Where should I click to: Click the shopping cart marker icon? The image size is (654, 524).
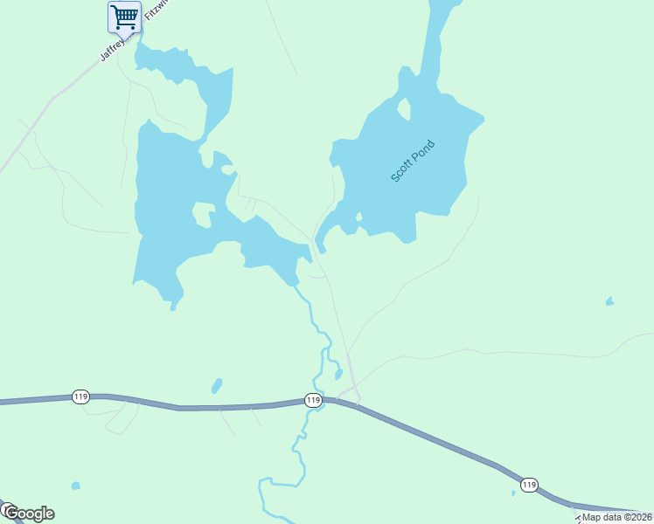point(124,16)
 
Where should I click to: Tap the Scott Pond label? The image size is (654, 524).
point(412,161)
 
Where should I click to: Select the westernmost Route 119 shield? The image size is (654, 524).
point(80,396)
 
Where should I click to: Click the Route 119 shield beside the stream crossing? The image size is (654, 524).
point(313,400)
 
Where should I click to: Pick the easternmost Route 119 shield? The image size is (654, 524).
point(529,485)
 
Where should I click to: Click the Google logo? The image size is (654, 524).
point(28,513)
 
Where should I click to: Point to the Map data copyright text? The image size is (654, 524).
point(616,517)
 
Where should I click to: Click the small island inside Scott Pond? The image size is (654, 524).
point(403,109)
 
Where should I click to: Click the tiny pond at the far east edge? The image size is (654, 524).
point(609,302)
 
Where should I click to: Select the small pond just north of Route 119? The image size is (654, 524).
point(217,385)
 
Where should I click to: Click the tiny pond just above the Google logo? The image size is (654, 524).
point(76,486)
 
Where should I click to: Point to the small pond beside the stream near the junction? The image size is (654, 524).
point(338,375)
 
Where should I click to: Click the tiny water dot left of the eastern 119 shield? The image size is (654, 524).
point(513,493)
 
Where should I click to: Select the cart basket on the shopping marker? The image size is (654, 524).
point(125,14)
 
